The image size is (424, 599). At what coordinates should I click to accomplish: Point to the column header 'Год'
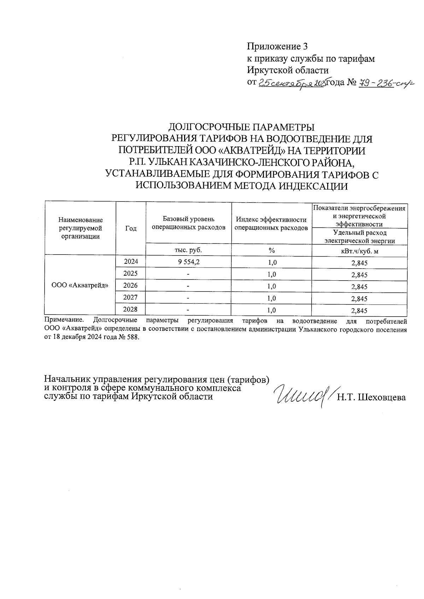pos(131,228)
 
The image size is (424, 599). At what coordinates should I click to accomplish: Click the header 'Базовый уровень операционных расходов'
pos(188,223)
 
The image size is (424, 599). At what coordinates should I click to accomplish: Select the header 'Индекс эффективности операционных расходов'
pos(271,223)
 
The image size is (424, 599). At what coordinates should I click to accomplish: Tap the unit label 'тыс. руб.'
pos(188,250)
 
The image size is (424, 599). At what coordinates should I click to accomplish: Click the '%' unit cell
pos(271,250)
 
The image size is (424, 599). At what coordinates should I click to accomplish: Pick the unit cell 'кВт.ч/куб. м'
pos(359,251)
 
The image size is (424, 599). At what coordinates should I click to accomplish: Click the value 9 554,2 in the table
pos(188,262)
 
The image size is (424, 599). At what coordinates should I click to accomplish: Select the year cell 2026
pos(130,285)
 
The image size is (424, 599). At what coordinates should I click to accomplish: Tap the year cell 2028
pos(130,309)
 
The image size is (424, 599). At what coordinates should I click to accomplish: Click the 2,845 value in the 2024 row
pos(359,263)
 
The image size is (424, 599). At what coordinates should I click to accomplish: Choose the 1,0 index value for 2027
pos(271,298)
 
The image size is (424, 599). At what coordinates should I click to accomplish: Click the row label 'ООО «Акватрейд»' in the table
pos(80,286)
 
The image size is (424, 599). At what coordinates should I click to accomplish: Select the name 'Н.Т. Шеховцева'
pos(371,398)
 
